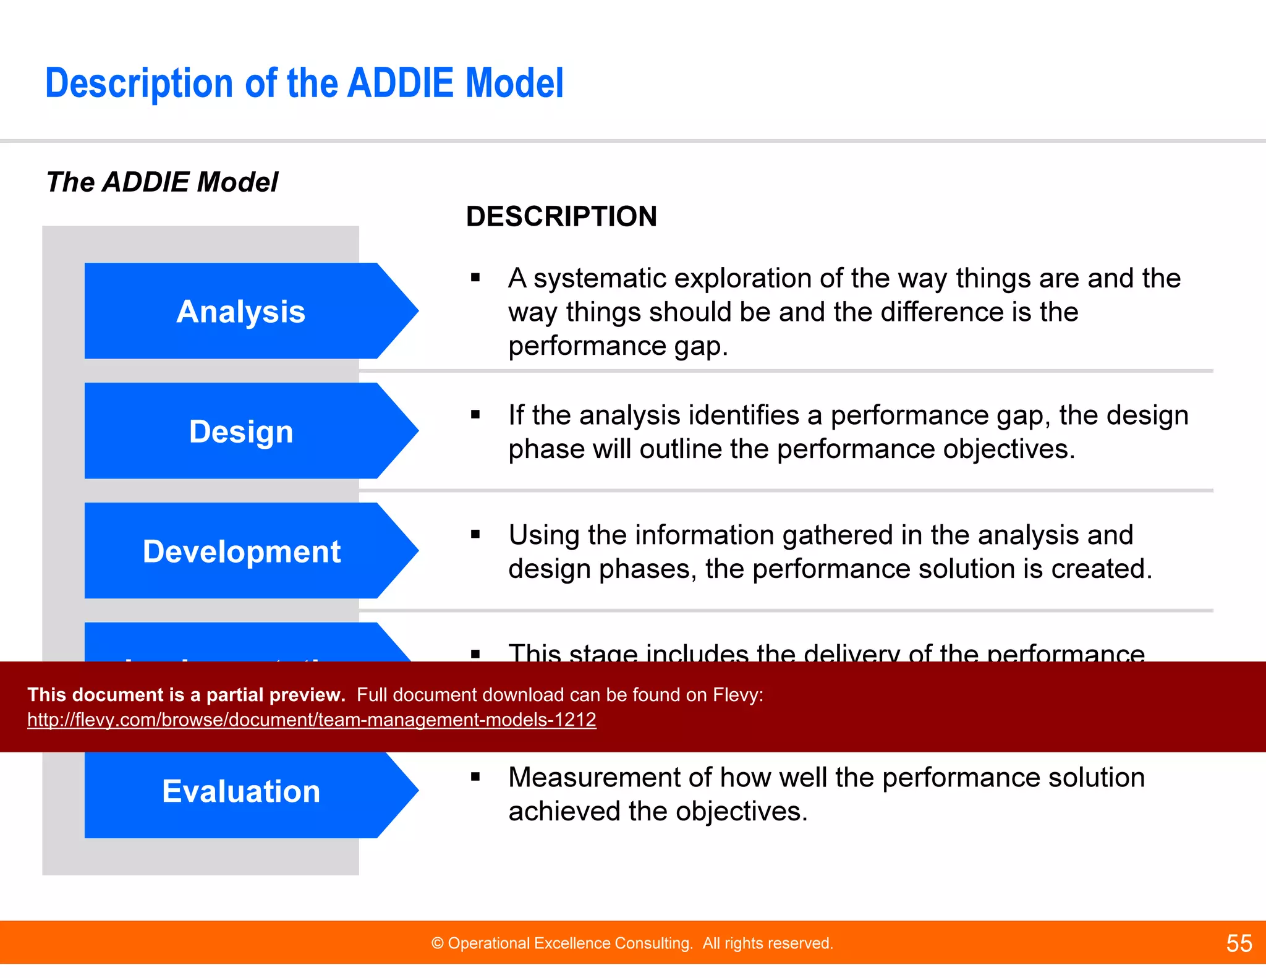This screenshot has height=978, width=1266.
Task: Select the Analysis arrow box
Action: tap(241, 311)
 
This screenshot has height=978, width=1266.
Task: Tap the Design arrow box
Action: tap(241, 431)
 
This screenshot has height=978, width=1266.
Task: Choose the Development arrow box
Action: tap(241, 551)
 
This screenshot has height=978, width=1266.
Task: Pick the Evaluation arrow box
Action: tap(241, 791)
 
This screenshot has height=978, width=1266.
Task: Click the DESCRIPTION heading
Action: tap(561, 216)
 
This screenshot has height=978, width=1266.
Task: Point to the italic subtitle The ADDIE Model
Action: tap(163, 182)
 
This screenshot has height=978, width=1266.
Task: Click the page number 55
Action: tap(1239, 943)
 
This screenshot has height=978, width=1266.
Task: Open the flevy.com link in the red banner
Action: tap(312, 720)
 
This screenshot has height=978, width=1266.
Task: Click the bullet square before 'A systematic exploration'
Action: tap(475, 278)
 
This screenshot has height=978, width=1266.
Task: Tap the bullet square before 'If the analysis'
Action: tap(475, 415)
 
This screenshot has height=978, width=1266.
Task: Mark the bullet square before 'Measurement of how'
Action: tap(475, 778)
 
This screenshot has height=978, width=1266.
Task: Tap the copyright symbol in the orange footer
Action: tap(438, 943)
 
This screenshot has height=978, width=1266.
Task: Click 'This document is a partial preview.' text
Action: tap(186, 695)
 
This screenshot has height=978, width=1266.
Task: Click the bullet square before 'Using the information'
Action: tap(475, 535)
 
